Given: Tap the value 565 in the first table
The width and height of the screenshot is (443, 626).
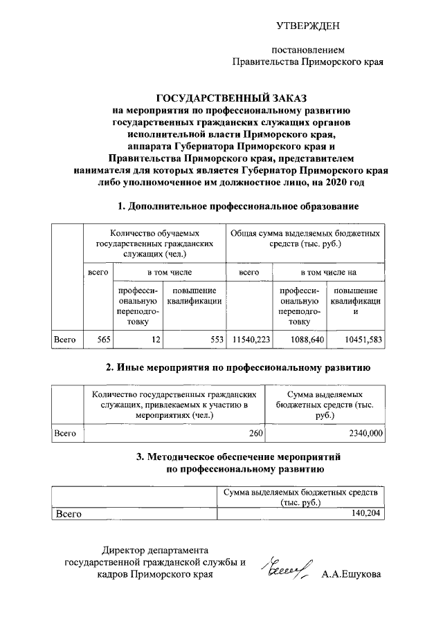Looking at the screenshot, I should (101, 340).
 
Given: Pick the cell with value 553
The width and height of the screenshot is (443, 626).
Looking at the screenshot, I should (217, 340).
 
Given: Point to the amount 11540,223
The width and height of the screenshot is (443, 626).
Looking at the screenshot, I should (251, 340).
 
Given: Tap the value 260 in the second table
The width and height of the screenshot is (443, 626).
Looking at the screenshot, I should (256, 434).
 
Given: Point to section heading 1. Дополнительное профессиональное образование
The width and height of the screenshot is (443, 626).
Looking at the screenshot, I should (239, 206).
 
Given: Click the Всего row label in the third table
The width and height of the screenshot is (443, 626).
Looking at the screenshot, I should (69, 514).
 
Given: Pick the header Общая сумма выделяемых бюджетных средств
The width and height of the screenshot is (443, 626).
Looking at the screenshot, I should (305, 239).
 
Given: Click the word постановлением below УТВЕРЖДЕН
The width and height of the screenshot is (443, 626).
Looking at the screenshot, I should (307, 50).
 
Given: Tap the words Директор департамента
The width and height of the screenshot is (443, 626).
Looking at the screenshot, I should (154, 550).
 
